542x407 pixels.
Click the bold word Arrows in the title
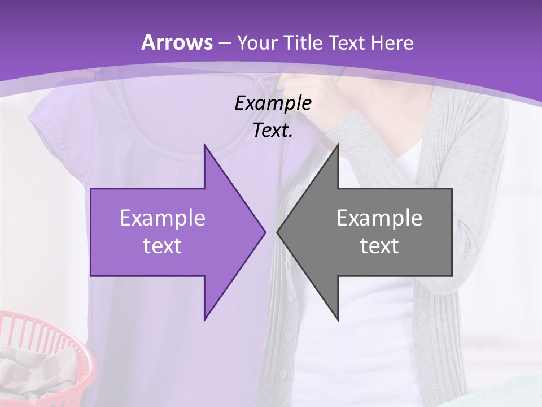[177, 42]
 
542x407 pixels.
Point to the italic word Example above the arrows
[273, 103]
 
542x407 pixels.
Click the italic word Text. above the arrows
[273, 131]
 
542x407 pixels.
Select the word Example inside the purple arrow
[163, 218]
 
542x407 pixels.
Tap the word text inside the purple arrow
[163, 245]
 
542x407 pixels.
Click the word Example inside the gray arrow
[379, 218]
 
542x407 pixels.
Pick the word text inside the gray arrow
[379, 245]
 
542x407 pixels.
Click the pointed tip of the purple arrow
[265, 232]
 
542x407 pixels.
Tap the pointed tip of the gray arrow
[278, 232]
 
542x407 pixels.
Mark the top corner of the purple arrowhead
[204, 144]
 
